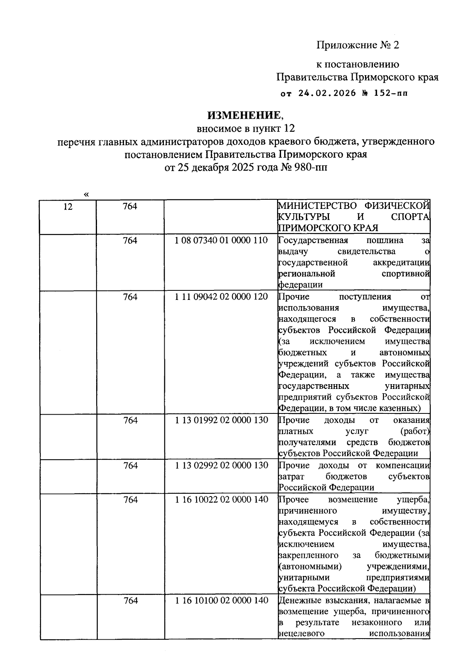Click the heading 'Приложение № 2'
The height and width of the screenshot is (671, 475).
[x=358, y=45]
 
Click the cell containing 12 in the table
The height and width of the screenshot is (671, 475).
[x=68, y=207]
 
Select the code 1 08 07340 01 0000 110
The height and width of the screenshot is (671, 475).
[x=221, y=240]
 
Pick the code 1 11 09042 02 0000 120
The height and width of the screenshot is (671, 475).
[x=221, y=297]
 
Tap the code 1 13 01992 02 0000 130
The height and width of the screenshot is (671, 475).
[x=221, y=420]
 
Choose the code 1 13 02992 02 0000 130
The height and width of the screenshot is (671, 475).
[x=221, y=465]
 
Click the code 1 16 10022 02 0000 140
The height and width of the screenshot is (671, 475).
[x=221, y=500]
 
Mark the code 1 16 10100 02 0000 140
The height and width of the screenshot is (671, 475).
[x=221, y=601]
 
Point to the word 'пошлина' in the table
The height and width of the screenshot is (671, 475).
[x=385, y=240]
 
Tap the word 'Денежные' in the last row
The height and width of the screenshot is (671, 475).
[x=297, y=601]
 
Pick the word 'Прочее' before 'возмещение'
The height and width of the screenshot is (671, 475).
[x=294, y=500]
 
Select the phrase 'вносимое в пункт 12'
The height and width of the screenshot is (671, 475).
[x=246, y=128]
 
